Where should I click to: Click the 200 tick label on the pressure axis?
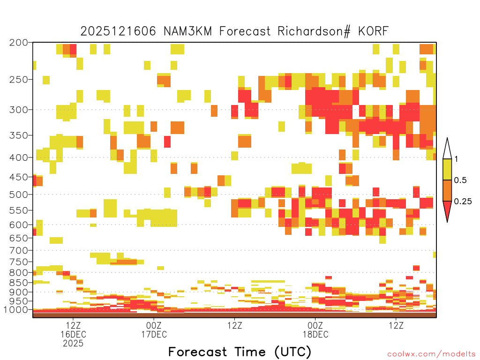19,43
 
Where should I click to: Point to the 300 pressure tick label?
19,110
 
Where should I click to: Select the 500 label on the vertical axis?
19,195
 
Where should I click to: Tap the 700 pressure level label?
19,250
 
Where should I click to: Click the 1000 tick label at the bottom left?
15,310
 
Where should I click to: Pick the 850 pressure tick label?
19,283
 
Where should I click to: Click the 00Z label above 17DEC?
154,325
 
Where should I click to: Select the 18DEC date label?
315,334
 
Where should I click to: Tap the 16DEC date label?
73,334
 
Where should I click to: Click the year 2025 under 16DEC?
73,344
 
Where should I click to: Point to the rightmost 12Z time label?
396,325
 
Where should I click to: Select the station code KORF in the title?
374,31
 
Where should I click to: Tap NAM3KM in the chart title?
187,31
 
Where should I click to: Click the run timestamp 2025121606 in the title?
118,31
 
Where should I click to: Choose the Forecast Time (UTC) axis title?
240,352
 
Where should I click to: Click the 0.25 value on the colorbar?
463,202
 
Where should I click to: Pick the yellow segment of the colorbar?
447,169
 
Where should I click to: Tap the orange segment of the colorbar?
447,190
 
